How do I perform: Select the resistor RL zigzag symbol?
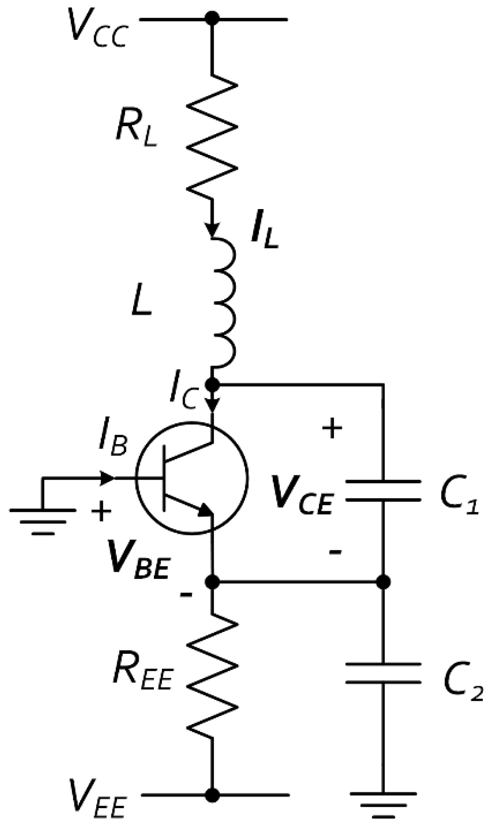coord(212,137)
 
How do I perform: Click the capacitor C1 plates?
coord(383,490)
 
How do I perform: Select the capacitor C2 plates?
coord(383,673)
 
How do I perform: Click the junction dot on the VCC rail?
coord(212,19)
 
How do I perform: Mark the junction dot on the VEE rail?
coord(212,795)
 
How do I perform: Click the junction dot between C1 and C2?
coord(383,582)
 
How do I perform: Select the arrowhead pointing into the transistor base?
coord(107,478)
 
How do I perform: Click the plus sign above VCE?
coord(332,429)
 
